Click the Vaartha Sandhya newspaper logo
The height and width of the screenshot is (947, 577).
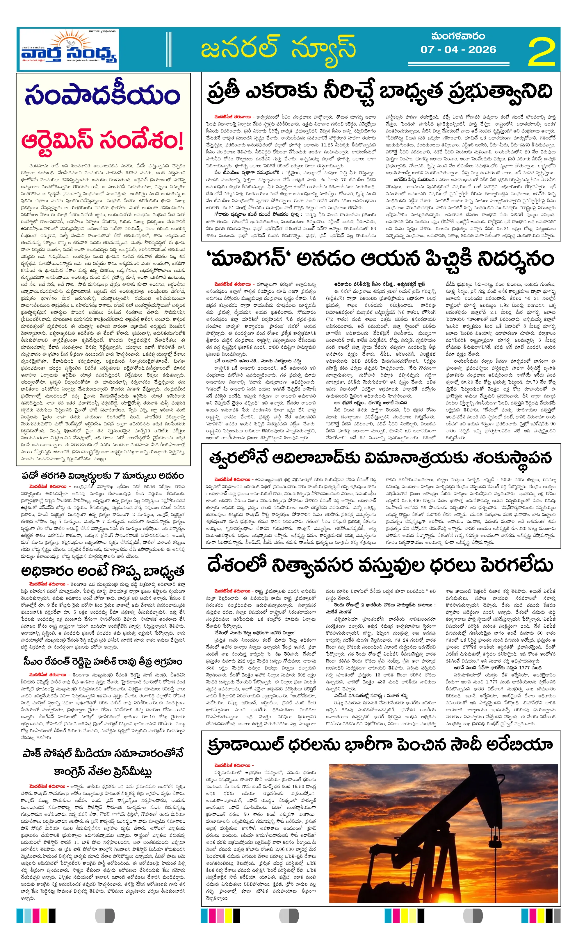pos(68,50)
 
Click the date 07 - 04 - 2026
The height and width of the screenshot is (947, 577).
pos(458,50)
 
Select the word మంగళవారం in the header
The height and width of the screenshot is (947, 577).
pos(458,36)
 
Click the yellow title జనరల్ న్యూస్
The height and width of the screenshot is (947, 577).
pos(278,49)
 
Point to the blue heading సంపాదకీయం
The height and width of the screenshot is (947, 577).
pos(102,95)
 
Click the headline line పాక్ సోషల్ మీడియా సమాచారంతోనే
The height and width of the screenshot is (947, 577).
pos(103,753)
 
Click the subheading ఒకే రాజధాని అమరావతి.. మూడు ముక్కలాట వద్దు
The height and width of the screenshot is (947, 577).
pos(257,361)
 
